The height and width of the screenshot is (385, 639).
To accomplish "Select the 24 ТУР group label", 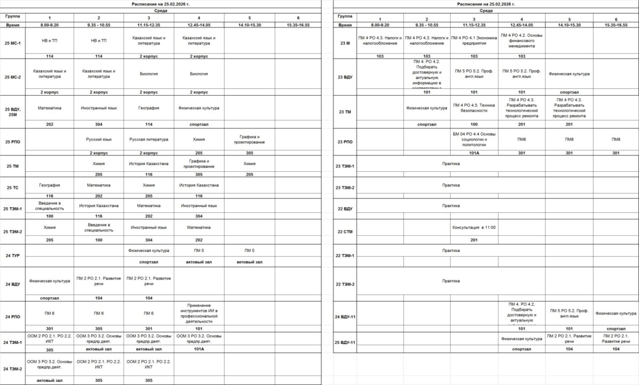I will click(x=13, y=256).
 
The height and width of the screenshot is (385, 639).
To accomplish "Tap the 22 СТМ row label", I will click(x=345, y=231).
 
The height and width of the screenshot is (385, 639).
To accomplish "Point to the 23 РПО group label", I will click(x=345, y=142).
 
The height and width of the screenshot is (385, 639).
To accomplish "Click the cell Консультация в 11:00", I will click(x=474, y=227).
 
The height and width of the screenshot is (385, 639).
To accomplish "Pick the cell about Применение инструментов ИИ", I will click(x=199, y=313).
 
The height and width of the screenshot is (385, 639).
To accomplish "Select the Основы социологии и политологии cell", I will click(x=474, y=139).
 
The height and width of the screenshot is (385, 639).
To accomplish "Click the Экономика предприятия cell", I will click(x=474, y=40).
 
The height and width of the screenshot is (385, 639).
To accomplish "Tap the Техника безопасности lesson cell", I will click(x=474, y=108).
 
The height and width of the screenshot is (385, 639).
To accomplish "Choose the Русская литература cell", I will click(x=149, y=139).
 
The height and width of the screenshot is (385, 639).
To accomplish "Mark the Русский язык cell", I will click(x=99, y=139).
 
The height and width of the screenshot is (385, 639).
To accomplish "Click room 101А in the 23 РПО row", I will click(x=474, y=153).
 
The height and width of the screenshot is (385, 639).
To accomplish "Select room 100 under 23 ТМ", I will click(x=474, y=124).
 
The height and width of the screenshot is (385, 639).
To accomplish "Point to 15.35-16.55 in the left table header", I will click(x=298, y=25).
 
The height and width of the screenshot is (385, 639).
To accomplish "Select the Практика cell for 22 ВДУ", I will click(x=451, y=206).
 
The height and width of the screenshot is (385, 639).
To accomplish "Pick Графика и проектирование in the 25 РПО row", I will click(x=249, y=139).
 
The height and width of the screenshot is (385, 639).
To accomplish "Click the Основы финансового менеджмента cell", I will click(x=522, y=40).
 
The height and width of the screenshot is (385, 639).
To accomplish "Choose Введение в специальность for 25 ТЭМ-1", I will click(x=50, y=205).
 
